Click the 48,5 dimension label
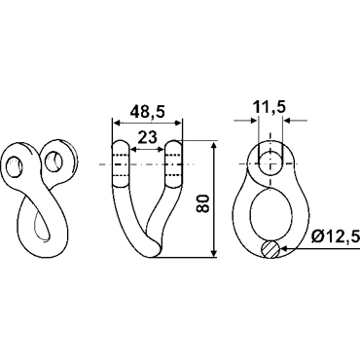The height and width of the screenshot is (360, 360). point(147,112)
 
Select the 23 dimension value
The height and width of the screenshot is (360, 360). point(148,137)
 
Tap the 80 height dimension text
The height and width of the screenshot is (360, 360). point(204,203)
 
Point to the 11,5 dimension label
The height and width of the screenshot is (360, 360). point(270,107)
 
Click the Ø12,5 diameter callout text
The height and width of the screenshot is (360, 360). point(335,237)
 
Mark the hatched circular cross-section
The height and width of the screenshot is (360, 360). point(270,249)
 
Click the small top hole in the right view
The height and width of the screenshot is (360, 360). point(270,163)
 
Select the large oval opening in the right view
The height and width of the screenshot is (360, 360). point(271,214)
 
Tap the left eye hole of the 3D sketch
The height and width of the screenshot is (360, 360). point(15,167)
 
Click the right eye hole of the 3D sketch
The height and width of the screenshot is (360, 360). point(54,162)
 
